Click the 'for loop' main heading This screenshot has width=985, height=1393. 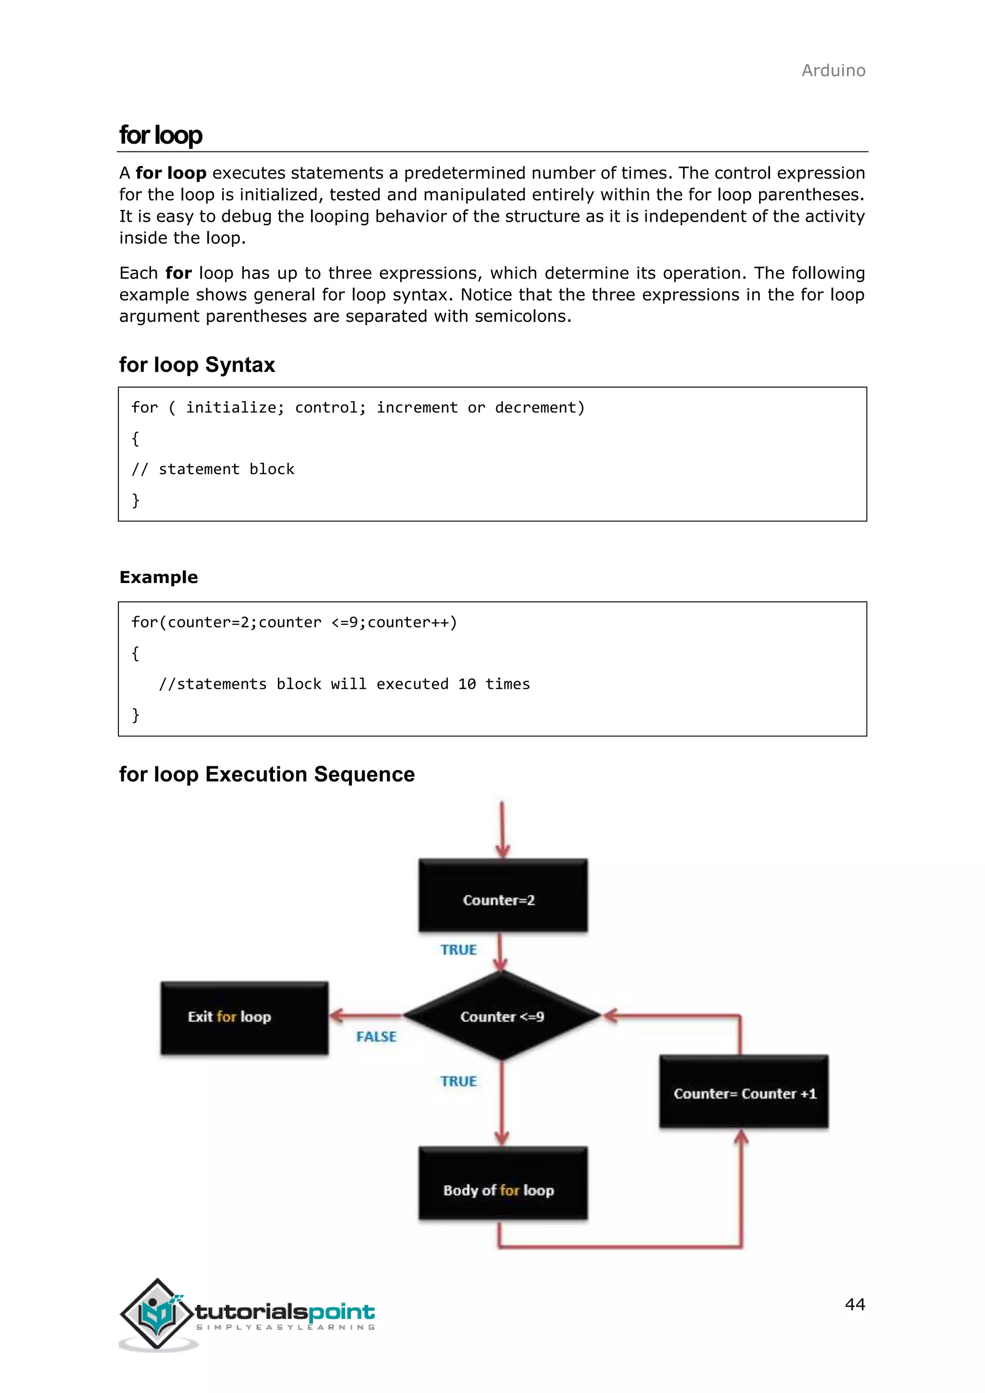click(x=161, y=135)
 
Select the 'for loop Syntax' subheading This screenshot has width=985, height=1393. click(x=197, y=365)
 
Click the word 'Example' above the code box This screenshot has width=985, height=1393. click(x=159, y=577)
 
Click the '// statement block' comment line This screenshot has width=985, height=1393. click(x=213, y=469)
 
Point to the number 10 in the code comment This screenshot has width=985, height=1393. click(x=467, y=684)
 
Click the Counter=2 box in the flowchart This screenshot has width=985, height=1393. click(x=502, y=896)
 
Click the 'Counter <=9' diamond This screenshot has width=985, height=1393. click(x=502, y=1016)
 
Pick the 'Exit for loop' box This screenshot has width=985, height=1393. click(x=244, y=1017)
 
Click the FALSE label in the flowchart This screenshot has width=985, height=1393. click(x=376, y=1037)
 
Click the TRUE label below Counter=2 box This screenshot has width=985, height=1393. click(x=458, y=950)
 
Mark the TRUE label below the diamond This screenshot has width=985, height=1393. click(x=458, y=1081)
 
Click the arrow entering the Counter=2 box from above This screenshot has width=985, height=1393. click(x=502, y=831)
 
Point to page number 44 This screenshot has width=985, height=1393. click(x=855, y=1304)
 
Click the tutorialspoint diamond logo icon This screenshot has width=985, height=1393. click(x=158, y=1314)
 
